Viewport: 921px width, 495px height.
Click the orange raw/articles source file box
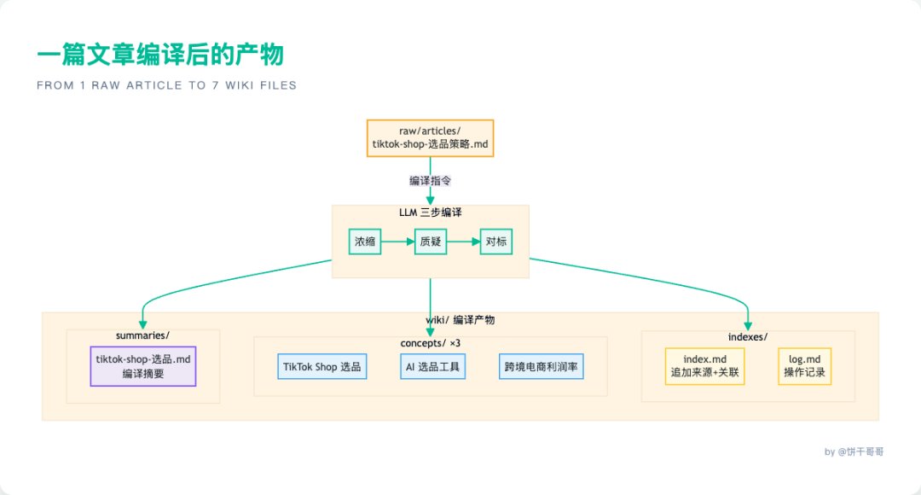(430, 138)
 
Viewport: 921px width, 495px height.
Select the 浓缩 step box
(365, 242)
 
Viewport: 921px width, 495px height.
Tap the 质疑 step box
(431, 242)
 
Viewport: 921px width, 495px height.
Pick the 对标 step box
(496, 242)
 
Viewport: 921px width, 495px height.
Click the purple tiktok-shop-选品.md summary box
(143, 366)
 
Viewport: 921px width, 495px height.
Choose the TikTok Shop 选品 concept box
(321, 367)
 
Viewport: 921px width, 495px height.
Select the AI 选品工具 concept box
(433, 367)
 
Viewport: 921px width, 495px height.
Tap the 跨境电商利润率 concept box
(541, 367)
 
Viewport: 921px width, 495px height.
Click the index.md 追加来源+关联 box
(705, 366)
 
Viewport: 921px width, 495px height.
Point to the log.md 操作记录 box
(805, 366)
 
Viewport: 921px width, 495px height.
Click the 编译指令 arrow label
(430, 181)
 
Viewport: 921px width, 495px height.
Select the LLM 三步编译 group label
(431, 213)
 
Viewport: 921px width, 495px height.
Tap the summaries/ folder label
(142, 335)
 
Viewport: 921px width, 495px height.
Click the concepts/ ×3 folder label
(431, 343)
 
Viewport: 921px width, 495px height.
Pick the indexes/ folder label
(748, 337)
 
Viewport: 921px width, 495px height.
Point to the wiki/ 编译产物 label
(460, 320)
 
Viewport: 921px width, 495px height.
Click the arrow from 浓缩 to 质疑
(397, 242)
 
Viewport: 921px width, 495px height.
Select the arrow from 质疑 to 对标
(463, 242)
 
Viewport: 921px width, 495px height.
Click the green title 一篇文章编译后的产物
(160, 55)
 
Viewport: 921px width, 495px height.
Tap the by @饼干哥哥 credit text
(854, 451)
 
